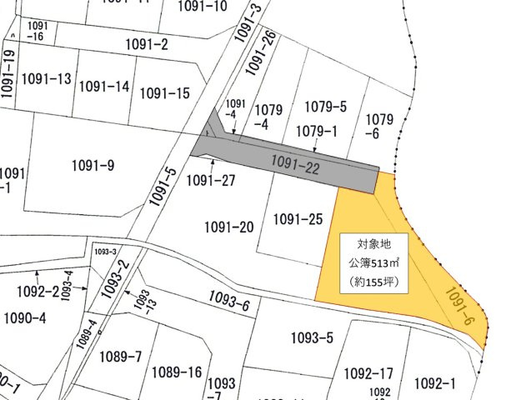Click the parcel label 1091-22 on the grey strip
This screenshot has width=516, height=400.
[295, 165]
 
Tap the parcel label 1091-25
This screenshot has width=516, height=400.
[298, 220]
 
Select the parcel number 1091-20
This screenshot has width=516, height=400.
[228, 227]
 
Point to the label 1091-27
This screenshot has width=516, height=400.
[211, 180]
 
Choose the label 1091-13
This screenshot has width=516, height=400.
[47, 79]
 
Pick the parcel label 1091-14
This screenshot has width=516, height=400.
[105, 87]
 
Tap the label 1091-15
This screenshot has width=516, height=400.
[165, 93]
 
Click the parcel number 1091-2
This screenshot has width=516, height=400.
[147, 44]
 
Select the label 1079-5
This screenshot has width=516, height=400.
[325, 106]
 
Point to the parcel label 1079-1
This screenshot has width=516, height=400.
[316, 130]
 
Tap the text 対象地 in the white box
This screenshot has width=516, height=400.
[373, 245]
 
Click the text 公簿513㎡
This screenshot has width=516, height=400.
[373, 263]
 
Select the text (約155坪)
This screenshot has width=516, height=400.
[373, 282]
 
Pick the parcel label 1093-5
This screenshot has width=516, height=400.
[313, 337]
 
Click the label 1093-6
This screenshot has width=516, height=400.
[230, 305]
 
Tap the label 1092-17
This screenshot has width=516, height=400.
[368, 373]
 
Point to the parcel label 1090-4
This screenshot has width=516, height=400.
[26, 317]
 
